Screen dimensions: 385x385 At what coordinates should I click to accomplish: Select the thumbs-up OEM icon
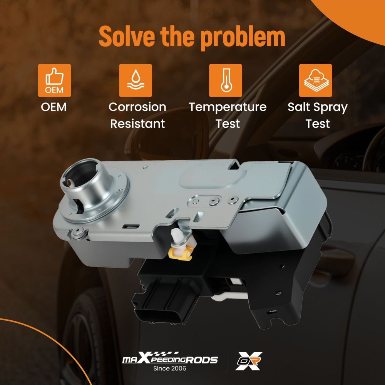(x=54, y=80)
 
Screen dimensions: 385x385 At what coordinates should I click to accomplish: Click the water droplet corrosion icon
(x=136, y=80)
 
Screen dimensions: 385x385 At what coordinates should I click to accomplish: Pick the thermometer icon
(x=225, y=80)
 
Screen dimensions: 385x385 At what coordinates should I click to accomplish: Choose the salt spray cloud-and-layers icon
(x=316, y=80)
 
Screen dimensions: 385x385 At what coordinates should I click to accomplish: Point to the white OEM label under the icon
(x=54, y=107)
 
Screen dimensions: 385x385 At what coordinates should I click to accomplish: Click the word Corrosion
(x=137, y=107)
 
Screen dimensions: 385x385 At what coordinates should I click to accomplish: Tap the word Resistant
(x=137, y=124)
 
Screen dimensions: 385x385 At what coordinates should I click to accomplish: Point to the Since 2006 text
(x=170, y=368)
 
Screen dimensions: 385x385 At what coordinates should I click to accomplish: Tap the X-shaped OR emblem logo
(x=249, y=361)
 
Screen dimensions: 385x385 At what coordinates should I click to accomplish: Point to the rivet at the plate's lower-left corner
(x=78, y=232)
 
